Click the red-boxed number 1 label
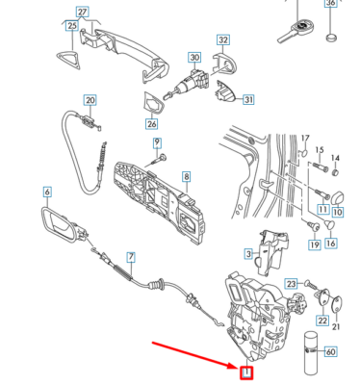click(x=245, y=372)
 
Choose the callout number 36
click(x=331, y=4)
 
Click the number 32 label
click(x=223, y=40)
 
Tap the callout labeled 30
click(x=194, y=59)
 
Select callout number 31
click(x=248, y=99)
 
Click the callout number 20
click(x=90, y=100)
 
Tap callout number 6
click(x=45, y=193)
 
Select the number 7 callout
click(x=132, y=257)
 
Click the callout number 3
click(x=247, y=254)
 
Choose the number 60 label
click(x=331, y=352)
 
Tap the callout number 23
click(x=293, y=283)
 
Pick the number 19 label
click(x=314, y=245)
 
